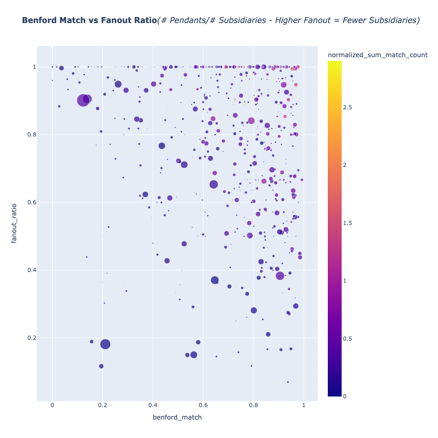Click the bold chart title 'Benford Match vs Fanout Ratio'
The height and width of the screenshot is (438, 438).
pos(89,20)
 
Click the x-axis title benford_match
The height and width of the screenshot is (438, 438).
pos(177,417)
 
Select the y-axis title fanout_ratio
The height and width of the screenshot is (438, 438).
pos(14,223)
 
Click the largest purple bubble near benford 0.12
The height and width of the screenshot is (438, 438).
pos(83,100)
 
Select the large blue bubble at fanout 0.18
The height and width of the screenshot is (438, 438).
pos(105,344)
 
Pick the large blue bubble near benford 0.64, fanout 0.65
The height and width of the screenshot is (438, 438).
pos(213,184)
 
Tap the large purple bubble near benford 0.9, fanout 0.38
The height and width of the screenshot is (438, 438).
pos(280,276)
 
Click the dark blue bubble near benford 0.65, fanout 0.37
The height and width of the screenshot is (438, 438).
pos(215,280)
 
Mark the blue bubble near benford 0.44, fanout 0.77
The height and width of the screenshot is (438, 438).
pos(162,146)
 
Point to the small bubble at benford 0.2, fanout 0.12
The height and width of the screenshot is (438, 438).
pos(101,366)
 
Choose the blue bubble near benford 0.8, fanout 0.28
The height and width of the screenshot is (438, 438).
pos(254,310)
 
